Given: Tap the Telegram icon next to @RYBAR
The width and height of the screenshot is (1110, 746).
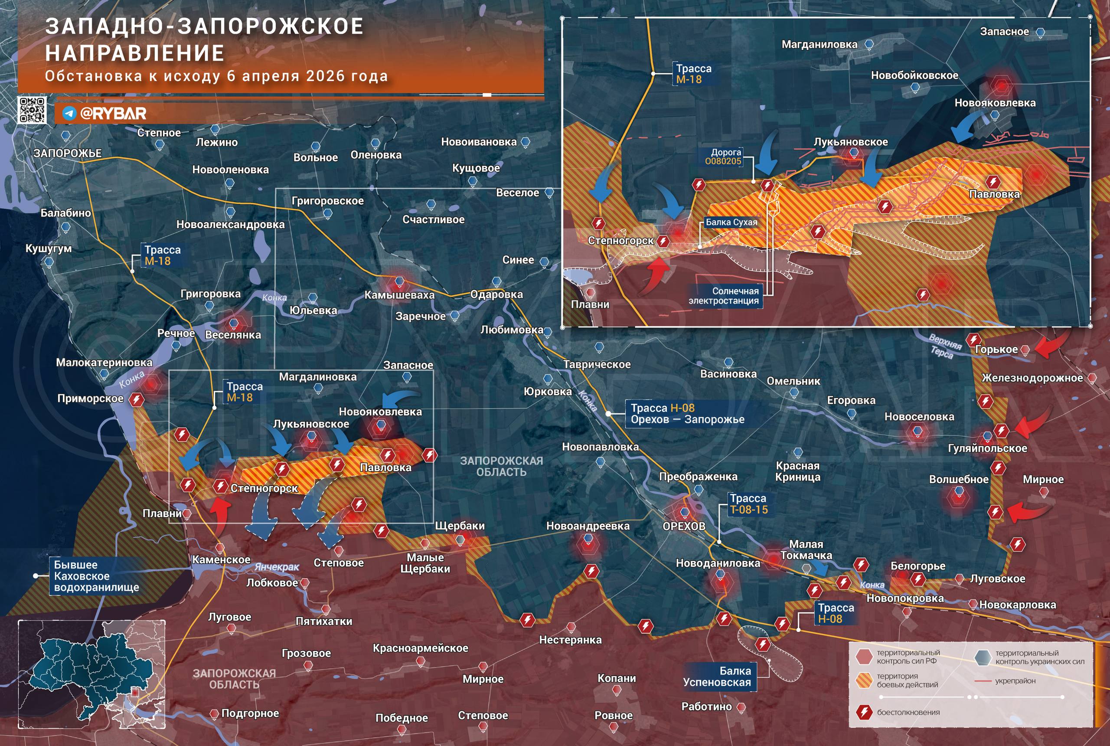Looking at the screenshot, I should [x=69, y=113].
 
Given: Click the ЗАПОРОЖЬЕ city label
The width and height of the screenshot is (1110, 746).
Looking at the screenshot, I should [x=68, y=153].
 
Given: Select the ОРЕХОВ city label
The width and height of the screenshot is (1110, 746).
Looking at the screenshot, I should [x=684, y=526].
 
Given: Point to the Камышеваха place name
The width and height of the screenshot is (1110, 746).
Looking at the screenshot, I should [x=399, y=295].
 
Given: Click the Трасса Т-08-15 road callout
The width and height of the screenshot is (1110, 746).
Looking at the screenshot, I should [x=748, y=504].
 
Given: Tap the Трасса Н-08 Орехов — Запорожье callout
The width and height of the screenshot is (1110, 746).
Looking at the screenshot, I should [x=687, y=413].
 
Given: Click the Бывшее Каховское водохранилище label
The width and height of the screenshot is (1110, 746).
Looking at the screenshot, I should [x=97, y=576].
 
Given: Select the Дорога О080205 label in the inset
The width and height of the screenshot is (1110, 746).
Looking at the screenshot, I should [x=723, y=157].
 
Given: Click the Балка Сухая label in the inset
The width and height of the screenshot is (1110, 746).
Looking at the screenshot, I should [x=731, y=222].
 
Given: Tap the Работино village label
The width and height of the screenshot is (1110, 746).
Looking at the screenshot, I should [x=706, y=707].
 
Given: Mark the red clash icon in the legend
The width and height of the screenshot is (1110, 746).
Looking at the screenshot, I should [x=863, y=712].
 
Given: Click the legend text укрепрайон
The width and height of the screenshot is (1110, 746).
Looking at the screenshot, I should [x=1015, y=681].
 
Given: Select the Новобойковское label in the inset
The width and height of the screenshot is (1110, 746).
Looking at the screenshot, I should [x=914, y=75].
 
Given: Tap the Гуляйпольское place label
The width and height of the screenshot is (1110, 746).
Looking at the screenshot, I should [x=987, y=448].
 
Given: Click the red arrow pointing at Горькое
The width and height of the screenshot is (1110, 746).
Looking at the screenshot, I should [x=1053, y=345].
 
